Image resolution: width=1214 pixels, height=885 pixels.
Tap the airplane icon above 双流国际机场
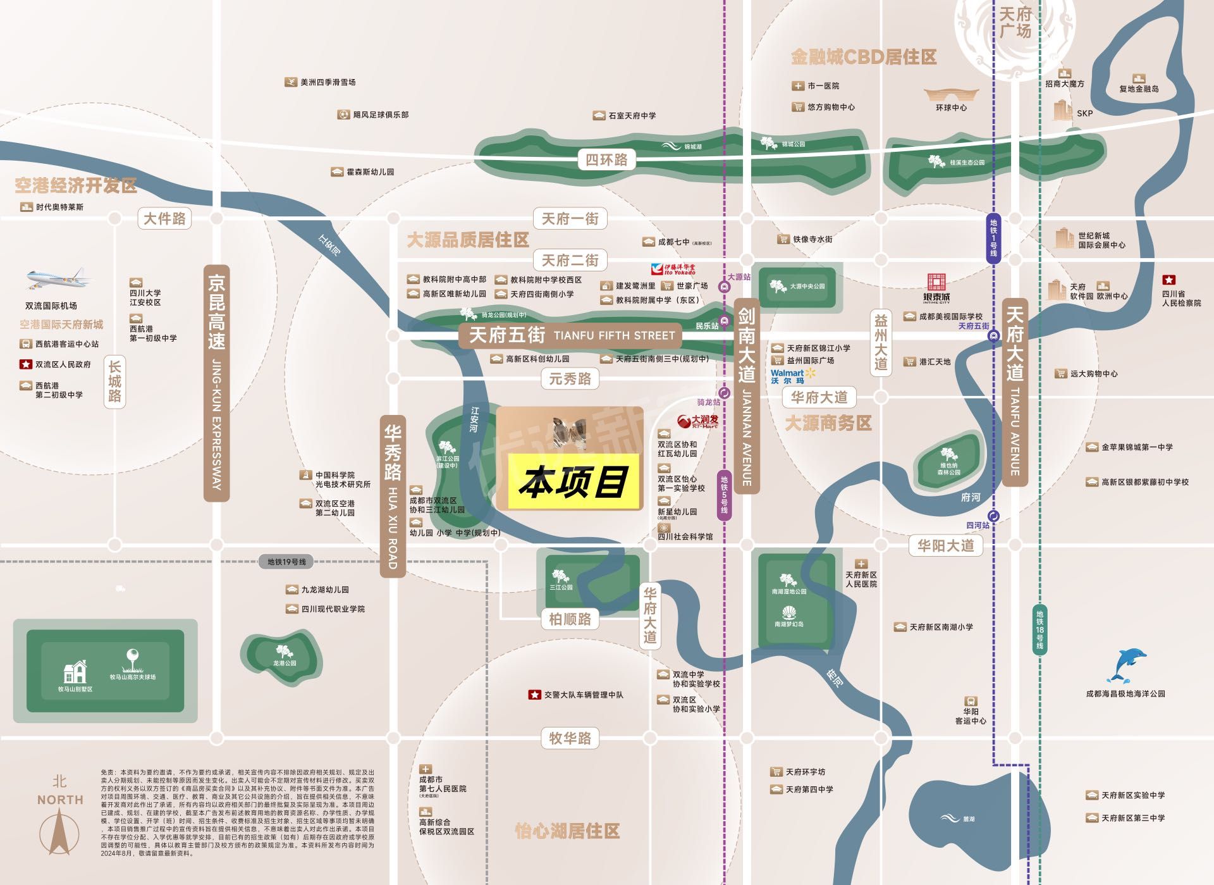coord(59,277)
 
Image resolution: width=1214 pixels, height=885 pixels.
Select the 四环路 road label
coord(606,159)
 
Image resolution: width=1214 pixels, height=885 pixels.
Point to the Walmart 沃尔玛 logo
coord(793,376)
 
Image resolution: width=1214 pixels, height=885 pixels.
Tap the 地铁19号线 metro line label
coord(286,562)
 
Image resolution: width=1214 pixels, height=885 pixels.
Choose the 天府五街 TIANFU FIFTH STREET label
coord(570,335)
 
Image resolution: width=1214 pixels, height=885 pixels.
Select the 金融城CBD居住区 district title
coord(863,57)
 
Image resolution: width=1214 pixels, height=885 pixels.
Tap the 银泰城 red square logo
coord(936,282)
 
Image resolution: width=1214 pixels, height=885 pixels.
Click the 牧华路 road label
coord(570,738)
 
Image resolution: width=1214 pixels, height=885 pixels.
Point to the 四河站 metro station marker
coord(993,516)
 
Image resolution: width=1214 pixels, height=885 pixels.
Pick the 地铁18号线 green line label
coord(1039,629)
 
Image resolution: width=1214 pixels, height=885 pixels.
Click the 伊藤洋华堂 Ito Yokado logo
coord(673,269)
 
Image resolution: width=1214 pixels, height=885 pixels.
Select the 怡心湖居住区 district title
coord(567,831)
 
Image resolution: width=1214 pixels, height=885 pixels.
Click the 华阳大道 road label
coord(945,545)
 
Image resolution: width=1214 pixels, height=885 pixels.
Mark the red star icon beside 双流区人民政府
coord(25,364)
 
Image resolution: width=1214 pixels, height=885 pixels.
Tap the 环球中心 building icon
coord(951,96)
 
